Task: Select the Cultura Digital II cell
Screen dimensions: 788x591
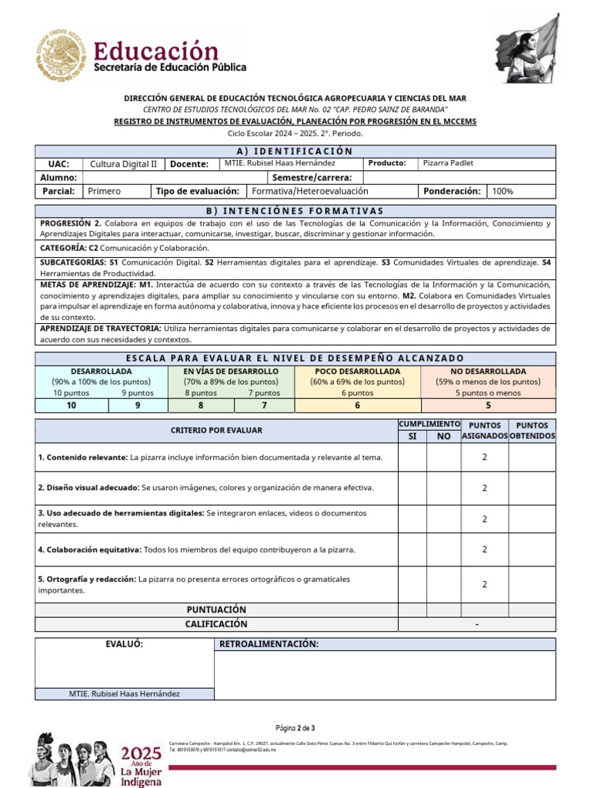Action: click(x=123, y=164)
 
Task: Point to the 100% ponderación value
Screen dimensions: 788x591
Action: click(x=503, y=191)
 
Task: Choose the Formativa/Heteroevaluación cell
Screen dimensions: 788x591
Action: click(x=310, y=191)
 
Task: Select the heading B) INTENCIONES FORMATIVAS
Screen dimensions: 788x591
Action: click(x=295, y=211)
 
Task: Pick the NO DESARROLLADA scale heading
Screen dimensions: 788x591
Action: click(x=488, y=371)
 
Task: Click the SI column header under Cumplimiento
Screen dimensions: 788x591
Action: click(x=412, y=436)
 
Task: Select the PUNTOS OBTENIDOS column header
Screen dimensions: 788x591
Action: click(x=532, y=430)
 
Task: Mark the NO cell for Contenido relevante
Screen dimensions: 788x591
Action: click(x=444, y=457)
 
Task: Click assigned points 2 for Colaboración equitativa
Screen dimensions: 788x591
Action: click(x=484, y=549)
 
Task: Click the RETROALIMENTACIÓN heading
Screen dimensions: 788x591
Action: click(x=269, y=644)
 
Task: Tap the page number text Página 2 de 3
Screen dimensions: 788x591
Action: click(x=295, y=728)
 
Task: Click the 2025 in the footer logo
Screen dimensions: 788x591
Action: click(x=142, y=752)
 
